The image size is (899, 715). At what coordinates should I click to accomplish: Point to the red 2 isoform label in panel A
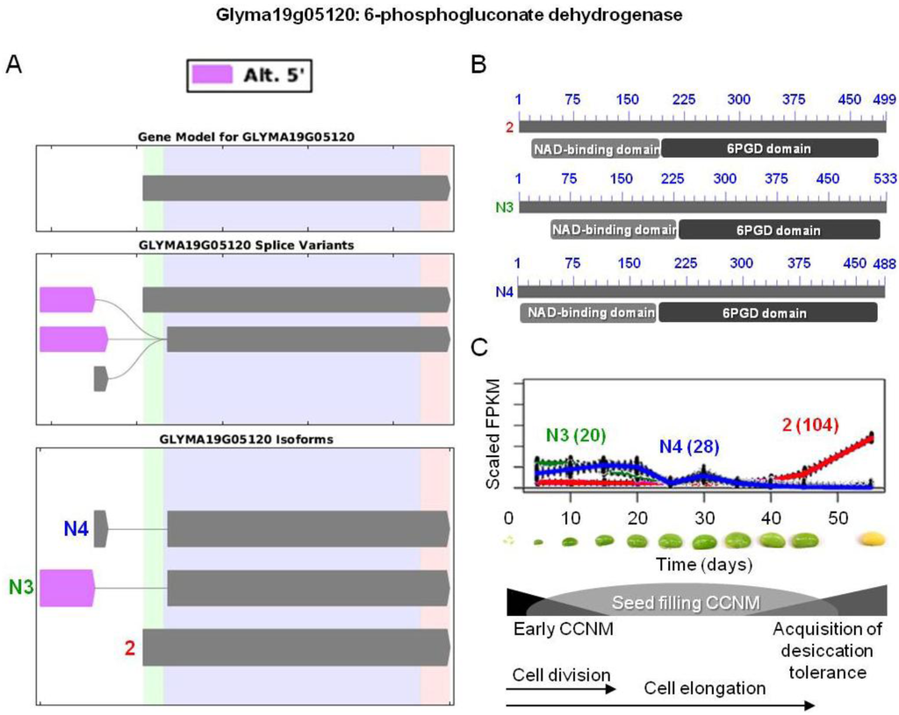pyautogui.click(x=130, y=648)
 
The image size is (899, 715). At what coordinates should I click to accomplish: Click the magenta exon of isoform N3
pyautogui.click(x=67, y=585)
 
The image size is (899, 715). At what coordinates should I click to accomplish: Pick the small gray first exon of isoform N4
pyautogui.click(x=100, y=528)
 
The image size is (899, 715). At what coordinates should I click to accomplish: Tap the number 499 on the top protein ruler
pyautogui.click(x=874, y=99)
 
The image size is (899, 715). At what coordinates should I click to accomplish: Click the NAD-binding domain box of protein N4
pyautogui.click(x=587, y=312)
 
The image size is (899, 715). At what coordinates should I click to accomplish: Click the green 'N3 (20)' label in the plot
pyautogui.click(x=575, y=434)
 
